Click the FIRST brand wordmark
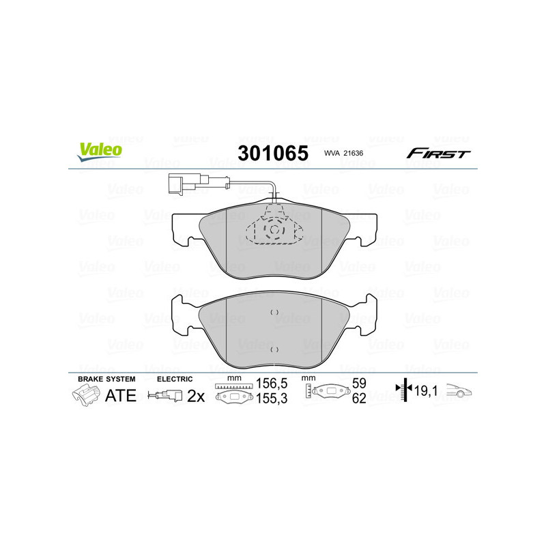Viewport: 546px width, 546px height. coord(438,154)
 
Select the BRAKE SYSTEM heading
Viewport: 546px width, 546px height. coord(106,379)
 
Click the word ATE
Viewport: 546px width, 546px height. coord(120,395)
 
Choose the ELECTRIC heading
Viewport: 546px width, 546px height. coord(175,379)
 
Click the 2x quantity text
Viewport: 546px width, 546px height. coord(196,396)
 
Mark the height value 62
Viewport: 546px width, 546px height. coord(358,399)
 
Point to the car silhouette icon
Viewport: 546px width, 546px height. coord(459,392)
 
